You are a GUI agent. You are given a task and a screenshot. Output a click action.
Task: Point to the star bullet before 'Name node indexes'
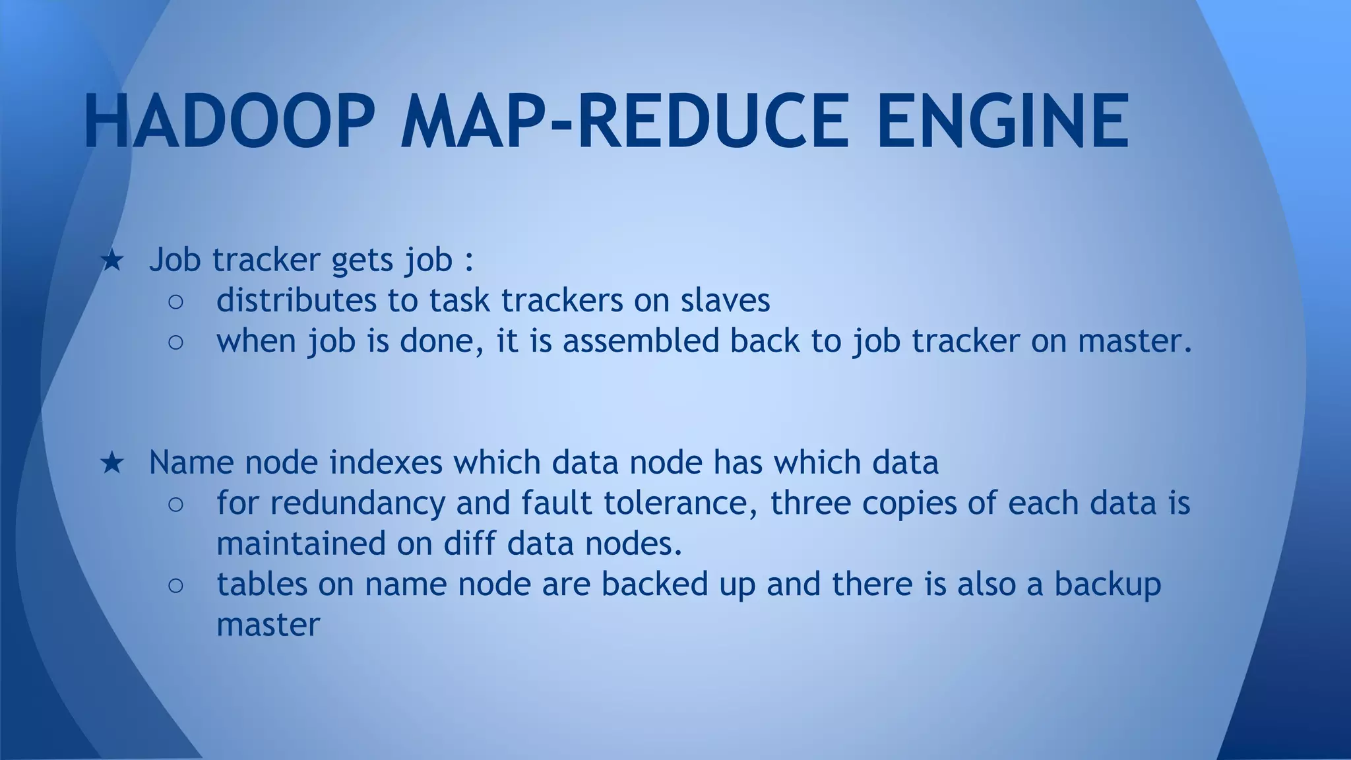(x=111, y=463)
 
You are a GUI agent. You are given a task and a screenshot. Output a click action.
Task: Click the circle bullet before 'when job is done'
(x=175, y=342)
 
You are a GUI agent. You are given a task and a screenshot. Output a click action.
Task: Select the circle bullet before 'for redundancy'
(x=175, y=505)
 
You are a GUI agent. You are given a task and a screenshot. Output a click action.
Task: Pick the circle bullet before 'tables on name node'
(x=175, y=586)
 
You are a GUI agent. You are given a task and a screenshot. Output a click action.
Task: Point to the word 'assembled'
(x=641, y=341)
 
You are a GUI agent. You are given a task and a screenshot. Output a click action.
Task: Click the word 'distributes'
(x=296, y=301)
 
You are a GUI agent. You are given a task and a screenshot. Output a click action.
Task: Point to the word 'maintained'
(x=301, y=544)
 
